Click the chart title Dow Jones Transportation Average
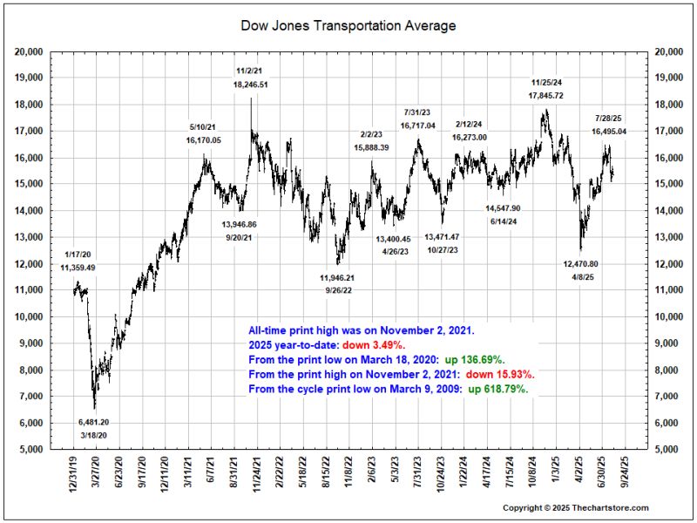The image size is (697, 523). (x=348, y=26)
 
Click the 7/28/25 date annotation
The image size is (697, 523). (x=609, y=118)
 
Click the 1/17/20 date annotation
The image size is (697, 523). (x=78, y=255)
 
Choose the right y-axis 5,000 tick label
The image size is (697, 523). (x=665, y=450)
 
